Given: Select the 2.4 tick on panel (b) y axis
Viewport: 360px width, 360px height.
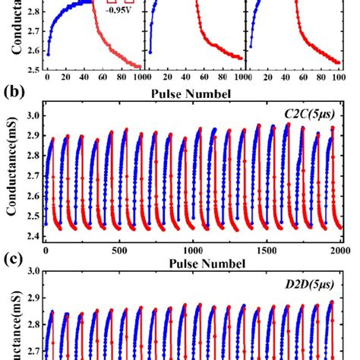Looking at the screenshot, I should tap(33, 236).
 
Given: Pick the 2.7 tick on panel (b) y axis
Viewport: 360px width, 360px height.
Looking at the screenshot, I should tap(33, 176).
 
